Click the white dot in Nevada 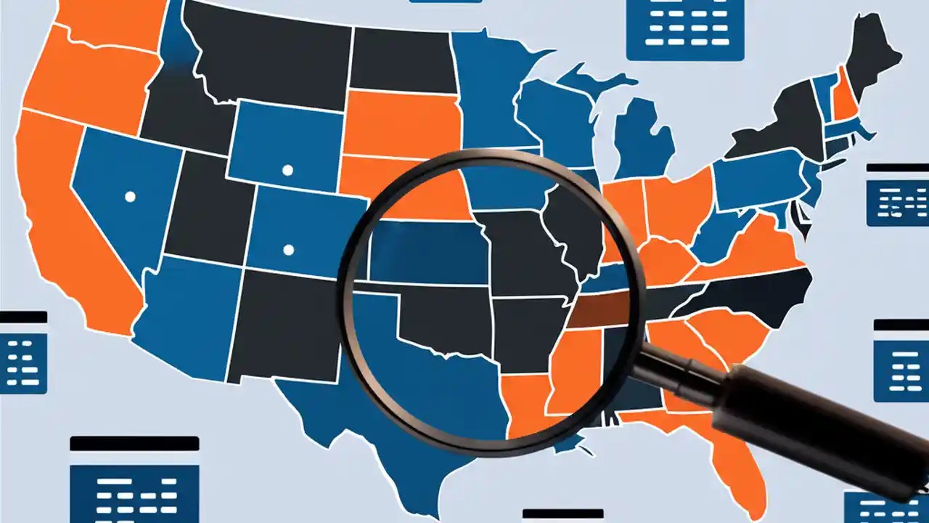click(130, 196)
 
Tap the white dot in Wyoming click(287, 170)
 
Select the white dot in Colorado click(288, 250)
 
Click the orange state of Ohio click(679, 203)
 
